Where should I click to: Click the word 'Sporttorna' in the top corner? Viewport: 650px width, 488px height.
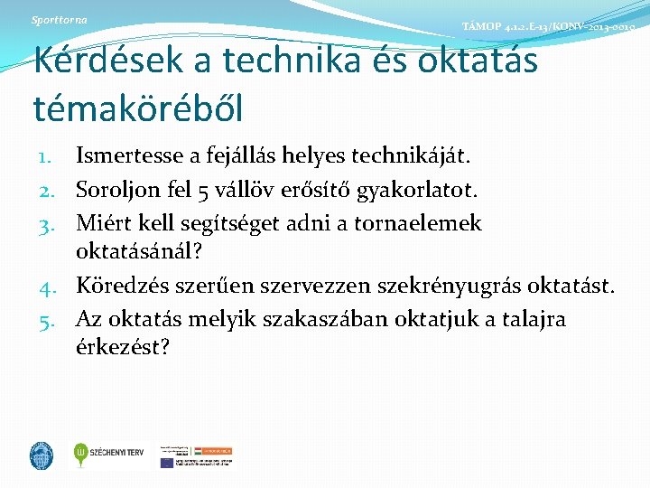[59, 20]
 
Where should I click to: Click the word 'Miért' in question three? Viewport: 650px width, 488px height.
[100, 222]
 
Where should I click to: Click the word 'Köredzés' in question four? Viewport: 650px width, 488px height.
[118, 287]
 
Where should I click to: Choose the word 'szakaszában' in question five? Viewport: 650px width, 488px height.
[329, 319]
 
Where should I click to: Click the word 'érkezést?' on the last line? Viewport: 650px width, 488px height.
[124, 346]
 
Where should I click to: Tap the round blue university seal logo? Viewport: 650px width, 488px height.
[42, 455]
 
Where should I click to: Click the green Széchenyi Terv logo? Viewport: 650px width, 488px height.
[108, 454]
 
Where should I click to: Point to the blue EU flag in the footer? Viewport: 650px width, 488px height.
[167, 462]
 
